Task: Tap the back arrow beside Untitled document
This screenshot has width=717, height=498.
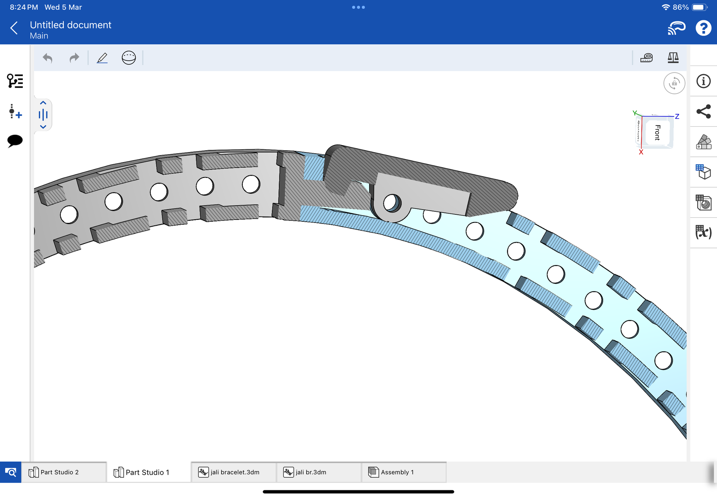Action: [x=14, y=28]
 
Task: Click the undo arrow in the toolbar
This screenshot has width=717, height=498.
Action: [x=48, y=58]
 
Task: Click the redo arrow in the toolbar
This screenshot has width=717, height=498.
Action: [x=74, y=58]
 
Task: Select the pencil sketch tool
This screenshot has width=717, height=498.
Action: [x=102, y=58]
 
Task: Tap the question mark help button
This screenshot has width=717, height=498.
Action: [x=703, y=28]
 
